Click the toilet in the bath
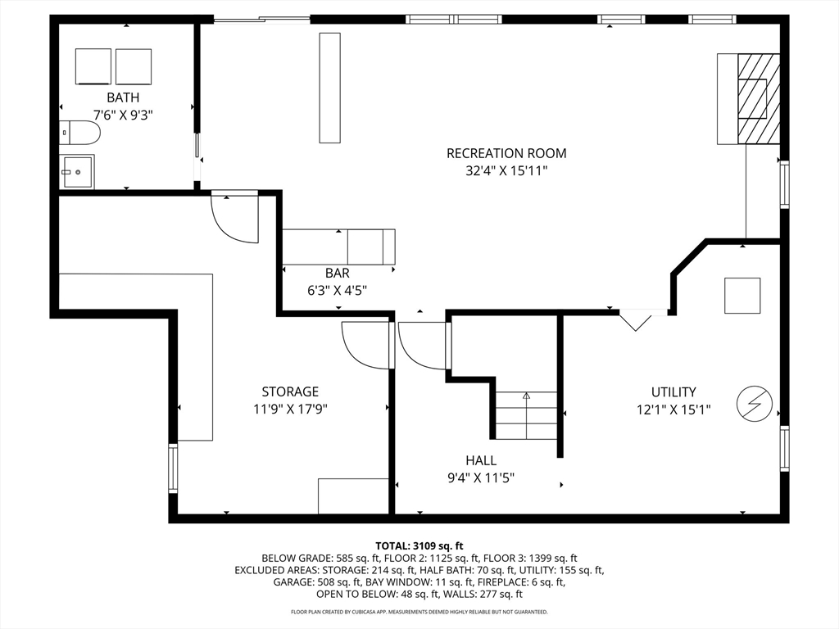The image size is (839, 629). point(79,133)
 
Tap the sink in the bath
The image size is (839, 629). point(78,172)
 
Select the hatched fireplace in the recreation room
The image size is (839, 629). point(758,99)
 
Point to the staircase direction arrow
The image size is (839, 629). point(527,415)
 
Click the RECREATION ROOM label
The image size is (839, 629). point(506,153)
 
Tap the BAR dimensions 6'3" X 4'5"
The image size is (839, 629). point(337,291)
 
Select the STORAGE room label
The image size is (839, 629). point(290,391)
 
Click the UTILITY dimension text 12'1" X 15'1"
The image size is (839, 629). point(673,410)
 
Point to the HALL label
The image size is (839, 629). point(481,460)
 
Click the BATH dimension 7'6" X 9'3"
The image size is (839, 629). point(124,115)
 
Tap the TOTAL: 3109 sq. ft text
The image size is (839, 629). point(419,546)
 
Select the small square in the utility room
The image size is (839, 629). point(742,296)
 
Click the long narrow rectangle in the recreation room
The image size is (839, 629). point(329,88)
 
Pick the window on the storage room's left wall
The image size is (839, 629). point(173,468)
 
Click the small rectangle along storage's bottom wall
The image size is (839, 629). point(353,496)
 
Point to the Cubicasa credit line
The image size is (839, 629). point(419,611)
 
